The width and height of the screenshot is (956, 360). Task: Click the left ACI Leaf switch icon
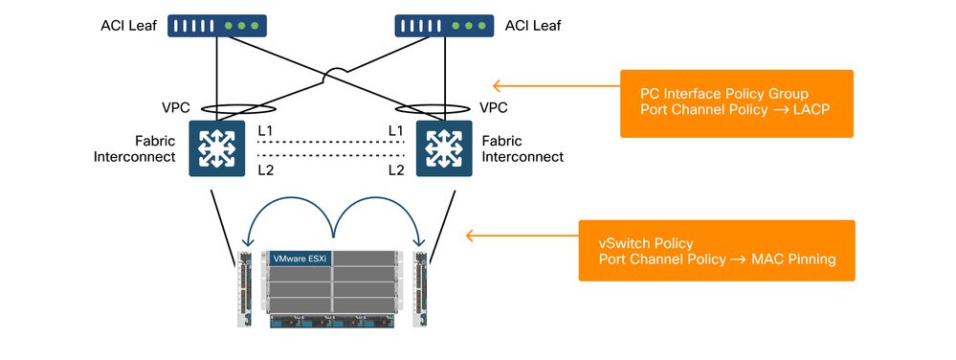coord(217,26)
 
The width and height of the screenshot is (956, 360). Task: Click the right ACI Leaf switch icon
coord(444,26)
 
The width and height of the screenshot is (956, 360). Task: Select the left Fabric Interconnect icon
coord(219,148)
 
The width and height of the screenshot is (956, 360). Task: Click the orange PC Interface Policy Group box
coord(736,103)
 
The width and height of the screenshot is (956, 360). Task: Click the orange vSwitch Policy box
coord(716,251)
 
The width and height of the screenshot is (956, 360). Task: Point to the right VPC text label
coord(493,108)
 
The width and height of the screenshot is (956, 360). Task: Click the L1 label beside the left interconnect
coord(266,129)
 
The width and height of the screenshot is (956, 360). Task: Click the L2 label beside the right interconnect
coord(394,169)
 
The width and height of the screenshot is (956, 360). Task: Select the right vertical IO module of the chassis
coord(420,284)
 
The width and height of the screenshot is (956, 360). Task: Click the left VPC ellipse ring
coord(221,108)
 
